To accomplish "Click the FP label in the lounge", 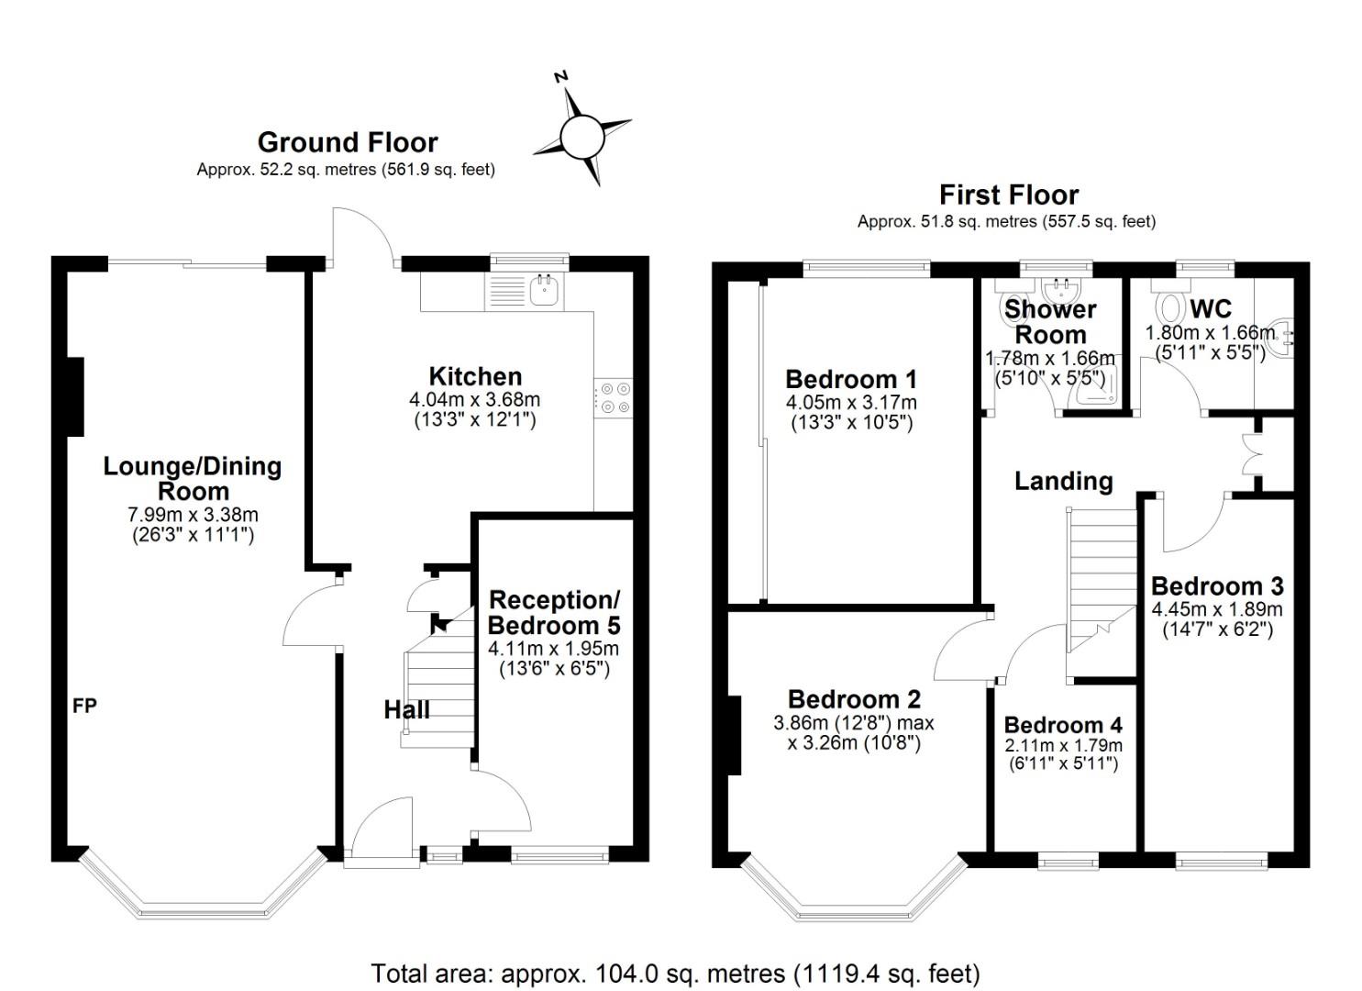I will click(x=85, y=706).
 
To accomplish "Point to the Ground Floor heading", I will click(x=347, y=142).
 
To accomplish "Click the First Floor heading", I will click(x=1008, y=195).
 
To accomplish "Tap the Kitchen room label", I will click(x=475, y=376).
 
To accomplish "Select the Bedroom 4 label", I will click(x=1062, y=725).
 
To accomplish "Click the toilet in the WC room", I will click(x=1170, y=304).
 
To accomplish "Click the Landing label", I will click(x=1063, y=481).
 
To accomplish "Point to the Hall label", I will click(x=406, y=709).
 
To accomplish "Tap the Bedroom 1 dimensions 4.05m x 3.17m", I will click(x=850, y=402).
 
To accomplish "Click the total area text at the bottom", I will click(x=675, y=973).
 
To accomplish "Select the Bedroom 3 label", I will click(x=1216, y=585).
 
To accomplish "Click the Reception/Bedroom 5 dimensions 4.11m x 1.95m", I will click(x=553, y=648).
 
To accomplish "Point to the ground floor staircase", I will click(x=438, y=688).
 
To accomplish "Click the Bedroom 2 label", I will click(x=853, y=699).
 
